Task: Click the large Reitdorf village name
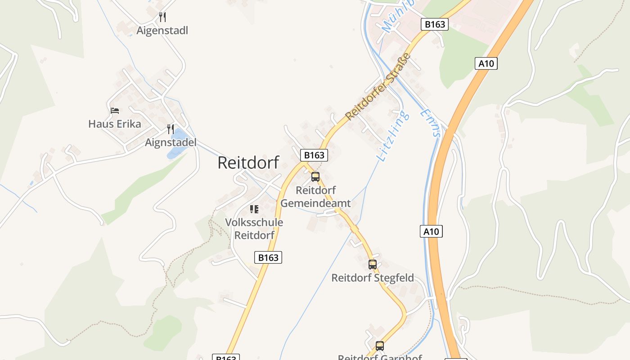point(248,162)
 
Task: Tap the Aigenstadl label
point(162,31)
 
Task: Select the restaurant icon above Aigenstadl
point(162,18)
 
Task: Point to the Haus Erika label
point(114,124)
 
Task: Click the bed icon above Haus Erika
point(115,111)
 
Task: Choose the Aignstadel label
point(171,143)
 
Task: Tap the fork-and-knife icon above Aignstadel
point(171,129)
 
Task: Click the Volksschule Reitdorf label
point(254,229)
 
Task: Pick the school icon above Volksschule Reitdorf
point(254,209)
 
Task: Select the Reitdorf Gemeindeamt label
point(315,197)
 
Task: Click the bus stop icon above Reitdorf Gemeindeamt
point(315,177)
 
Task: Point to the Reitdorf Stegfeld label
point(373,278)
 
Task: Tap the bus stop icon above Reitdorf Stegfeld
point(373,265)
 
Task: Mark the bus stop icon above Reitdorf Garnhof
point(380,346)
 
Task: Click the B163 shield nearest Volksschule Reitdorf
point(268,257)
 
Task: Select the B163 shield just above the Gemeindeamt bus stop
point(314,155)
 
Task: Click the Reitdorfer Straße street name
point(378,87)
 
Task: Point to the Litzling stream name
point(393,135)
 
